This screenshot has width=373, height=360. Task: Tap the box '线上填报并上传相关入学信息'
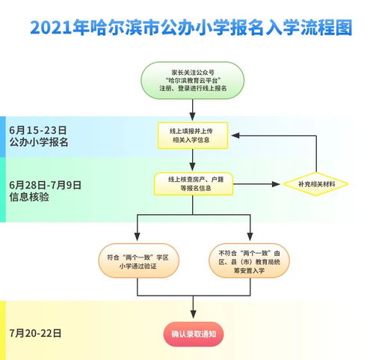pyautogui.click(x=193, y=134)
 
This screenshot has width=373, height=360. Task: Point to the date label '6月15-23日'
pyautogui.click(x=38, y=128)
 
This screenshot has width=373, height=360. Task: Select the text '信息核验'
pyautogui.click(x=29, y=198)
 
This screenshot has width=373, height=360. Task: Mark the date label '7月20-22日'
pyautogui.click(x=36, y=332)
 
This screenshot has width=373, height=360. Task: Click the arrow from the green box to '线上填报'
pyautogui.click(x=193, y=111)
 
